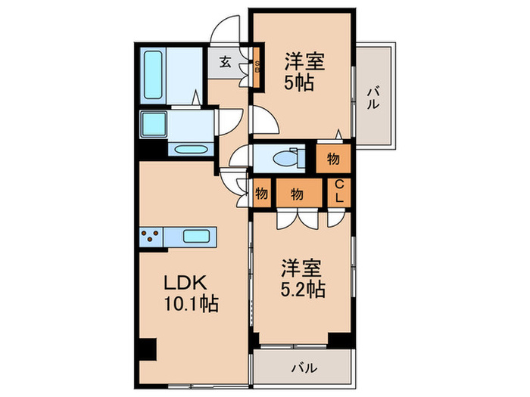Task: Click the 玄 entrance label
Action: [x=226, y=63]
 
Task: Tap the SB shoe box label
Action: [x=256, y=68]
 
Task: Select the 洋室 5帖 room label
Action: [x=304, y=72]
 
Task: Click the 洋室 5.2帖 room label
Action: [x=304, y=278]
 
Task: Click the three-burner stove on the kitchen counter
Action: [x=152, y=237]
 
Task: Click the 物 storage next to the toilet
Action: [x=333, y=159]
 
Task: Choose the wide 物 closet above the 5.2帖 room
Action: [x=298, y=194]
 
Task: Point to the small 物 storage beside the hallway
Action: [x=261, y=194]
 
